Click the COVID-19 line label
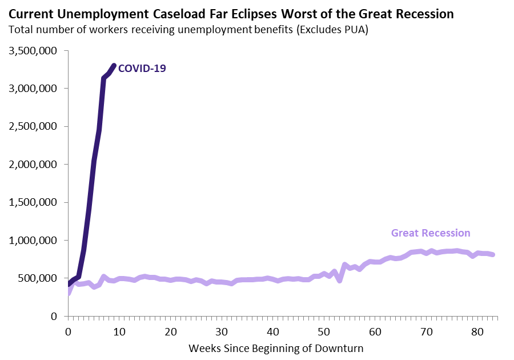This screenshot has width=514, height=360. pos(142,69)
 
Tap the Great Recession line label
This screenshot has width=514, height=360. pos(431,233)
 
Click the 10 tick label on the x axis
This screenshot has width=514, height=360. pos(119,330)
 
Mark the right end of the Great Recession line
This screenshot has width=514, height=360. pos(493,255)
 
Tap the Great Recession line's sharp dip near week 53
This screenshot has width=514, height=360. pos(340,281)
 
